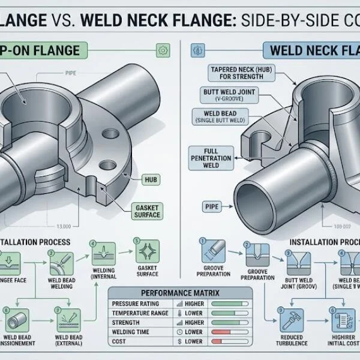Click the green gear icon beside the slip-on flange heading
(160, 50)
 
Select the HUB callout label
(150, 178)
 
